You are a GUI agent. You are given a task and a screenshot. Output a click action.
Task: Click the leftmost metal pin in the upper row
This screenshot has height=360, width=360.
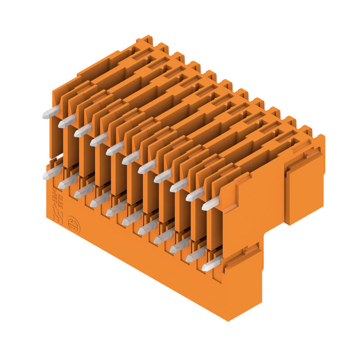pos(51,112)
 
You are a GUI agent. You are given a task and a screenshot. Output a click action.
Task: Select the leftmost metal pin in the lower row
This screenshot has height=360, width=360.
pos(51,172)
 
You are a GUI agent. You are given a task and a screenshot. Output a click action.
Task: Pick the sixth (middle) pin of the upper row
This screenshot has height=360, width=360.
pos(131,158)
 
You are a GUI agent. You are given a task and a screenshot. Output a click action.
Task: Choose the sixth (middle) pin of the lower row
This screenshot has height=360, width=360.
pos(131,219)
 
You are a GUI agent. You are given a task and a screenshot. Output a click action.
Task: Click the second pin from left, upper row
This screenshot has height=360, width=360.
pos(67,121)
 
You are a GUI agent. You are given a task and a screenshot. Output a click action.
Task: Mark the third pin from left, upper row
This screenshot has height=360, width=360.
pos(83,130)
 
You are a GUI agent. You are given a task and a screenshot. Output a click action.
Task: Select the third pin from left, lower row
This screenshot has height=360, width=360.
pos(84,191)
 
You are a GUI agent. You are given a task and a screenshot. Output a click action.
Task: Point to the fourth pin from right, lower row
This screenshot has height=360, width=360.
pos(163,237)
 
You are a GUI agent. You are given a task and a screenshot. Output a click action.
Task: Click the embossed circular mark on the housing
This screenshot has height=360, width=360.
pos(73,225)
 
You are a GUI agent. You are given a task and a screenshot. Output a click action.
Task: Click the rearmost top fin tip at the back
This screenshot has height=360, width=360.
pos(147,39)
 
